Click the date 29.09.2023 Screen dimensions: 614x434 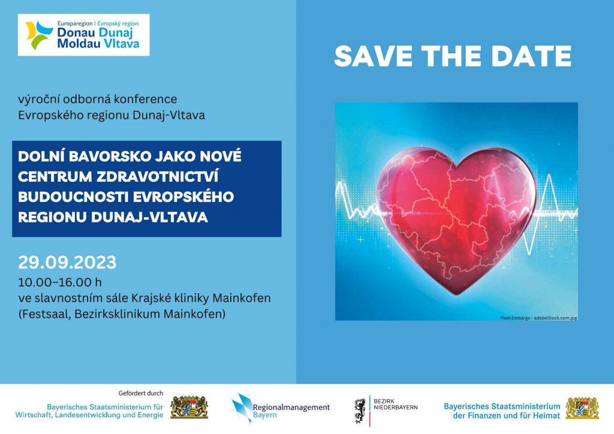67,262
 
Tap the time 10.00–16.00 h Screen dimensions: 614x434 60,282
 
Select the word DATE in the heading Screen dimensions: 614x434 531,56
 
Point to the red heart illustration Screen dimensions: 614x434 456,219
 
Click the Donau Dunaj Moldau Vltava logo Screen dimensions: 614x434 83,35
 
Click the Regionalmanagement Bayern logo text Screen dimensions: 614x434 291,411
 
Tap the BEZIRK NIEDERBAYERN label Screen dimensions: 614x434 396,404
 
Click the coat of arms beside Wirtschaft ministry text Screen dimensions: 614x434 189,408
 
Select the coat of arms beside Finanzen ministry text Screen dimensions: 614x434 582,408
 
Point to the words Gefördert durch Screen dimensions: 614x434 140,393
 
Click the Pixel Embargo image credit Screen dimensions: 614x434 538,318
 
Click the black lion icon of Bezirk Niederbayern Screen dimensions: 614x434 360,411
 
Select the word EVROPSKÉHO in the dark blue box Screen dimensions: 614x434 183,197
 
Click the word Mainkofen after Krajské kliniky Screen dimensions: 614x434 242,298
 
